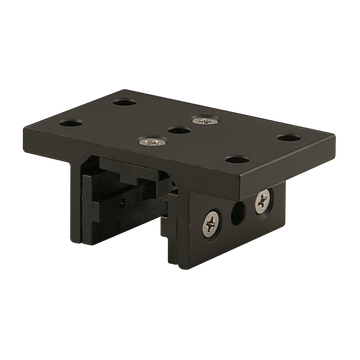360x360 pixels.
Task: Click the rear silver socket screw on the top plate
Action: tap(204, 121)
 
